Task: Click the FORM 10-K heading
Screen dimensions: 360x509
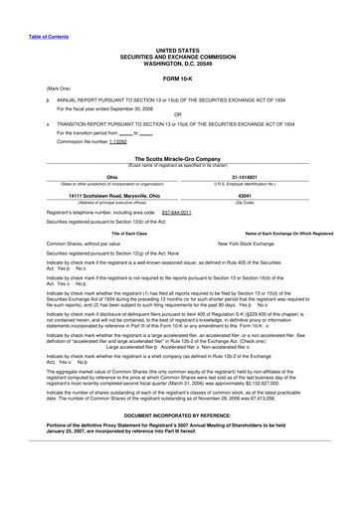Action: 179,77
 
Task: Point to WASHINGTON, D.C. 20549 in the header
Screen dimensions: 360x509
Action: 179,65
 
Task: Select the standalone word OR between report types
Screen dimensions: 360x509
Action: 178,114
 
